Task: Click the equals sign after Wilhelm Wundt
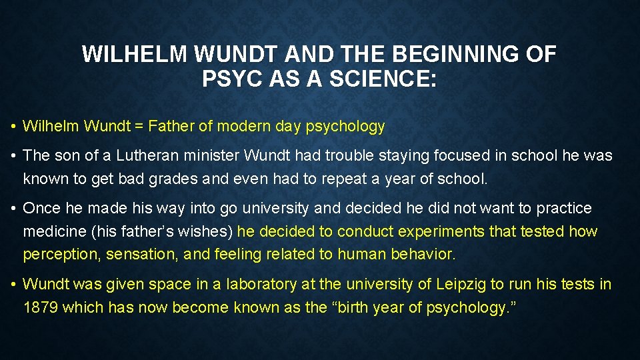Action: click(x=139, y=125)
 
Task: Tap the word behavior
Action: click(x=423, y=254)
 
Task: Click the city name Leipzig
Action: click(x=463, y=284)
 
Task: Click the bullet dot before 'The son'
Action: click(x=13, y=156)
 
